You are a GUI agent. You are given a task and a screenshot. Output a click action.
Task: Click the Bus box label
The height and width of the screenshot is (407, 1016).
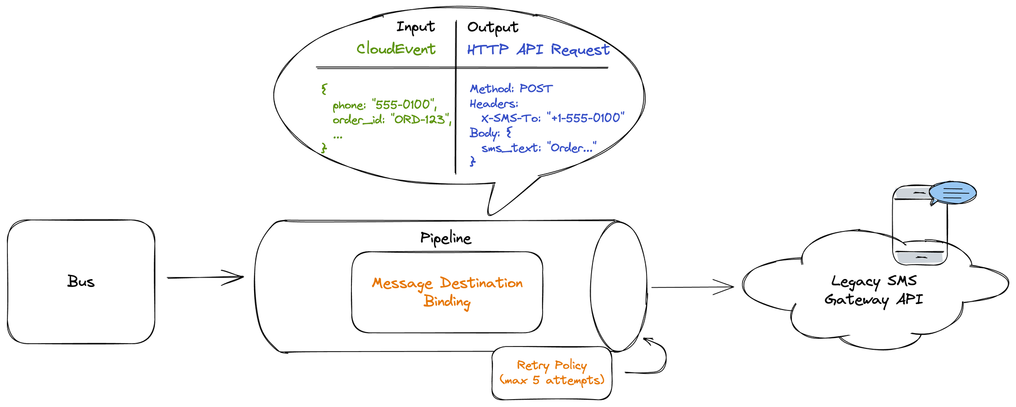point(81,281)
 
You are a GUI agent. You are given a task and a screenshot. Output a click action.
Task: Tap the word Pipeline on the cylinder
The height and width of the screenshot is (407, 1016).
point(446,238)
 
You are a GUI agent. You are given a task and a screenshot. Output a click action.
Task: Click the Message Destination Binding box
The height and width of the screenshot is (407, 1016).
point(447,292)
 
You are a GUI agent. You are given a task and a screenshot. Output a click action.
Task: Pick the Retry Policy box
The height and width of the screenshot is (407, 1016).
point(552,373)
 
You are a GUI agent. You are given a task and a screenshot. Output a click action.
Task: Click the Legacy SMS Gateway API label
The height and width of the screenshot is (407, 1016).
point(874,290)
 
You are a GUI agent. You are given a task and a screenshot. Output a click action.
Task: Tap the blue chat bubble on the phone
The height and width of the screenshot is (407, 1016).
point(952,193)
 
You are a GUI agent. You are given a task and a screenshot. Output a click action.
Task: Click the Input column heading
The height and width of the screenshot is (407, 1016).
point(415,27)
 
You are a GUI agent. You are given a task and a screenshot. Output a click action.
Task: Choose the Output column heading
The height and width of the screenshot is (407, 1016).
point(492,27)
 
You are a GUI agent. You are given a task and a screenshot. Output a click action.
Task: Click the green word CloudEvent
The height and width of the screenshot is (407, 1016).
point(396,49)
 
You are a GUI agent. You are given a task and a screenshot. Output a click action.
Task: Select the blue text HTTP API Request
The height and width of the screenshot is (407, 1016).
point(538,49)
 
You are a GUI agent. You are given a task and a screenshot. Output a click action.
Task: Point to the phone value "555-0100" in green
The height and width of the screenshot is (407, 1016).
point(404,104)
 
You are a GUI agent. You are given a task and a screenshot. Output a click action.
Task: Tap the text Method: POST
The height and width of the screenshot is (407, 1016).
point(511,88)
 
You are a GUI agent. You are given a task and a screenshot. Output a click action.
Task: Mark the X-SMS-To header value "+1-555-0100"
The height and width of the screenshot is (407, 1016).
point(585,118)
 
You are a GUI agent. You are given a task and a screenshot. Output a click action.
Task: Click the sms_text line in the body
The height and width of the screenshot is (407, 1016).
point(538,148)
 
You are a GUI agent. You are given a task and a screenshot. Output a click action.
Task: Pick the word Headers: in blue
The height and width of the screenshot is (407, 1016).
point(494,103)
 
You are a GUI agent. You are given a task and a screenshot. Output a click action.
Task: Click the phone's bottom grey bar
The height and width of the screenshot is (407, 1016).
point(919,257)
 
